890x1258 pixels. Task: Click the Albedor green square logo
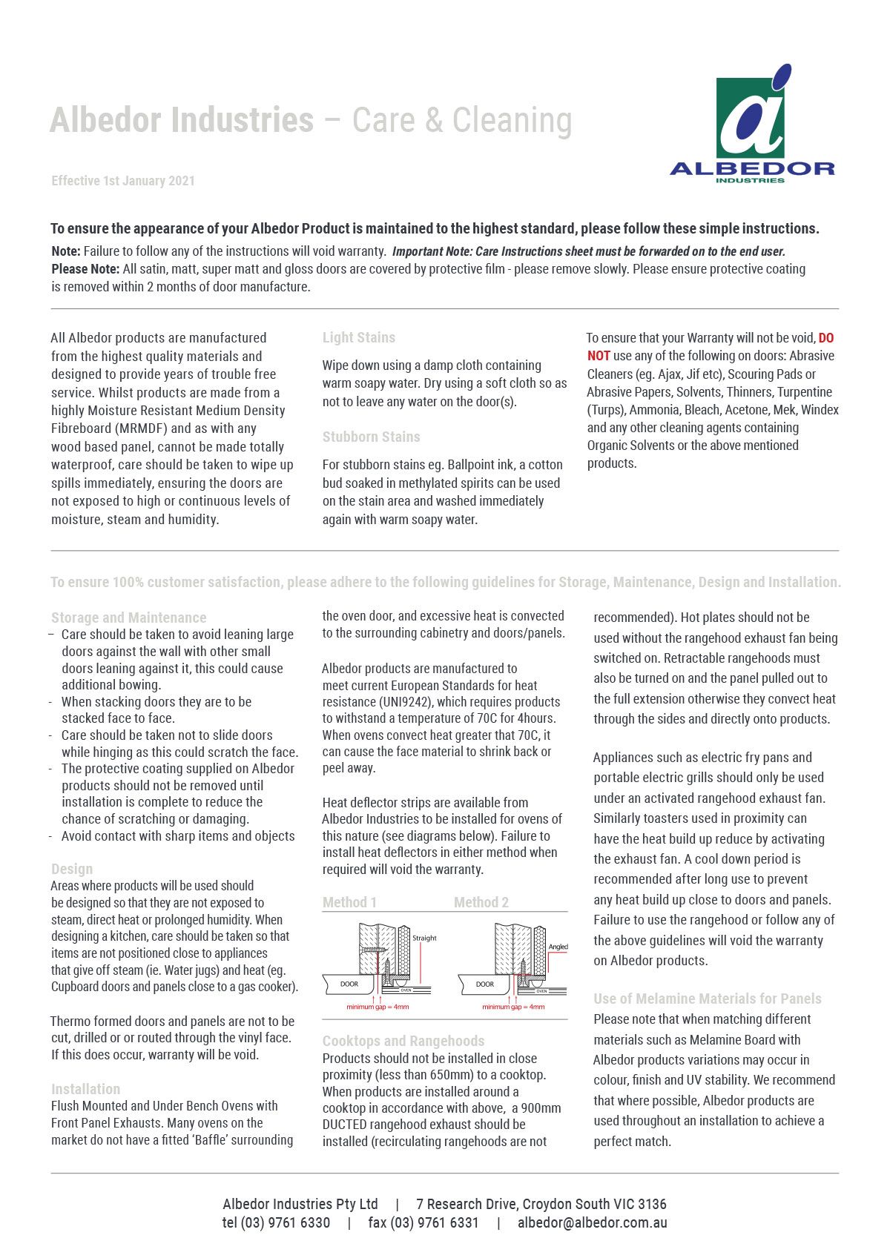point(750,117)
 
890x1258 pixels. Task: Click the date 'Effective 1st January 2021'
point(123,181)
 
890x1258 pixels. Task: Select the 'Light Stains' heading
point(358,338)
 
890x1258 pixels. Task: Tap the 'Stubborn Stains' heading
point(371,437)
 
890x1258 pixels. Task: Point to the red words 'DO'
point(825,338)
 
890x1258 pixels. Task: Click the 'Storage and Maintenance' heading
point(128,618)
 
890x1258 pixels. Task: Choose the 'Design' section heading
point(72,869)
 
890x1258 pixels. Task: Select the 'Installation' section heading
point(85,1089)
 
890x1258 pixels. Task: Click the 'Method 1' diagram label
point(349,902)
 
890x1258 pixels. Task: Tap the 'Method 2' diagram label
point(481,902)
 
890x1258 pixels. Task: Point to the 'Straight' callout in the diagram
point(424,938)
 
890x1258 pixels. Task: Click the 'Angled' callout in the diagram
point(558,947)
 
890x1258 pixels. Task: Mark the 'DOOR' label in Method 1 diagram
point(349,984)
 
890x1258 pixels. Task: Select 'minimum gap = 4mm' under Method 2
point(513,1007)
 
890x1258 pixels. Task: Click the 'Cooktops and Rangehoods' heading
point(403,1041)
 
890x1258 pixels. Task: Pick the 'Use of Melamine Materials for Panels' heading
point(708,999)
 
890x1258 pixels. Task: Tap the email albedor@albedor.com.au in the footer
point(592,1223)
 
